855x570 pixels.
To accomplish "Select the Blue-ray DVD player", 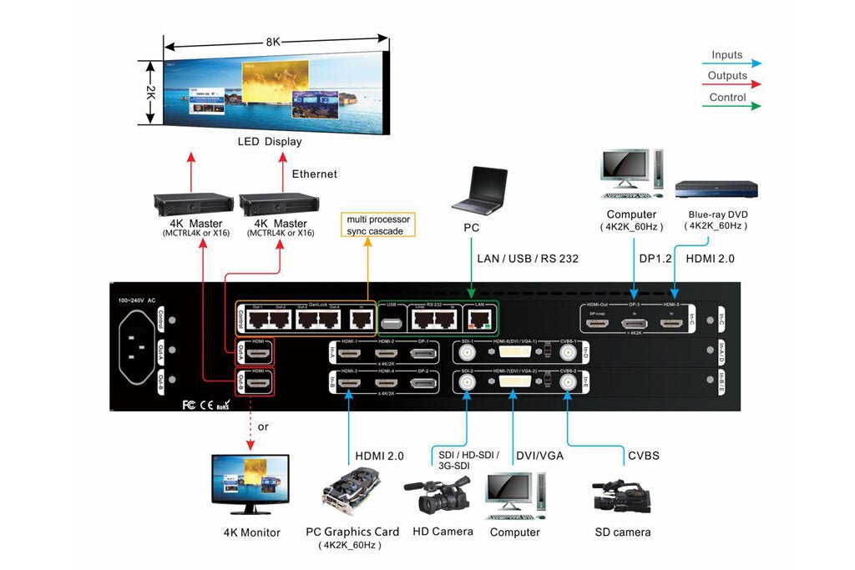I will [716, 189].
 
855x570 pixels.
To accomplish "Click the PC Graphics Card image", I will [352, 492].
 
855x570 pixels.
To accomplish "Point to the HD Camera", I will [437, 496].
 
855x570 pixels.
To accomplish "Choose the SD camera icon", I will [621, 496].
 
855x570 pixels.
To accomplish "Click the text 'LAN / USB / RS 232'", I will [528, 259].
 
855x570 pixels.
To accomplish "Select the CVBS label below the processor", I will [643, 456].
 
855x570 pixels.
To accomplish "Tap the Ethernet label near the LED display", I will [315, 174].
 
